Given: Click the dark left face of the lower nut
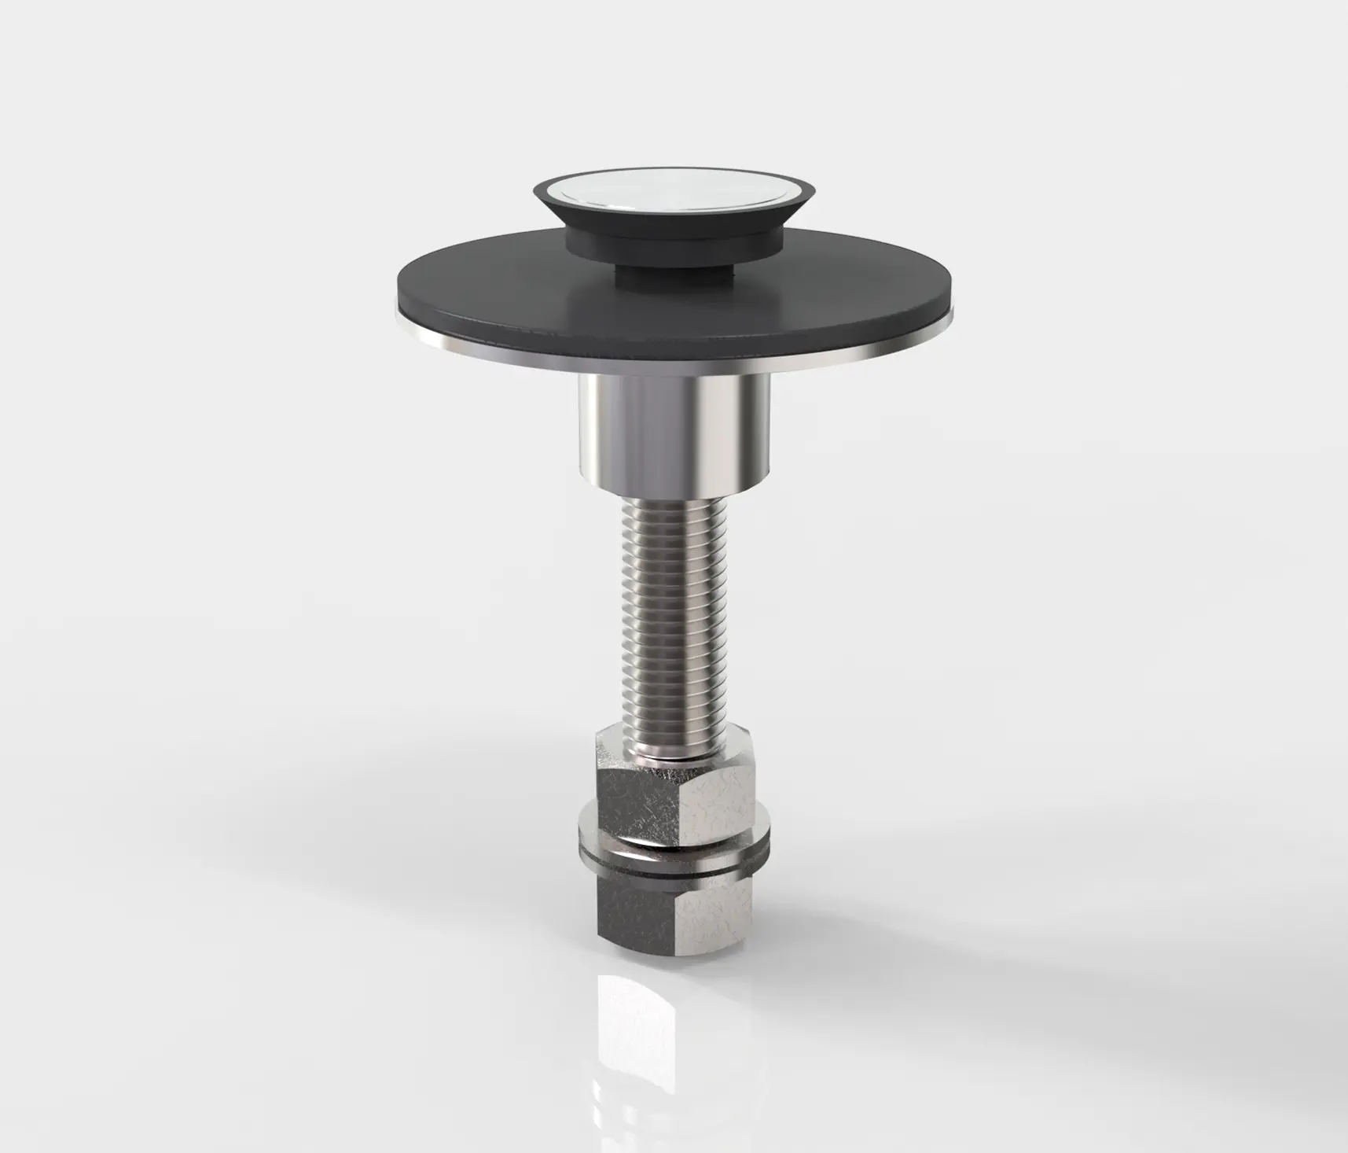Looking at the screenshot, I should (633, 904).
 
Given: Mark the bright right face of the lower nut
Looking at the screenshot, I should (715, 904).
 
